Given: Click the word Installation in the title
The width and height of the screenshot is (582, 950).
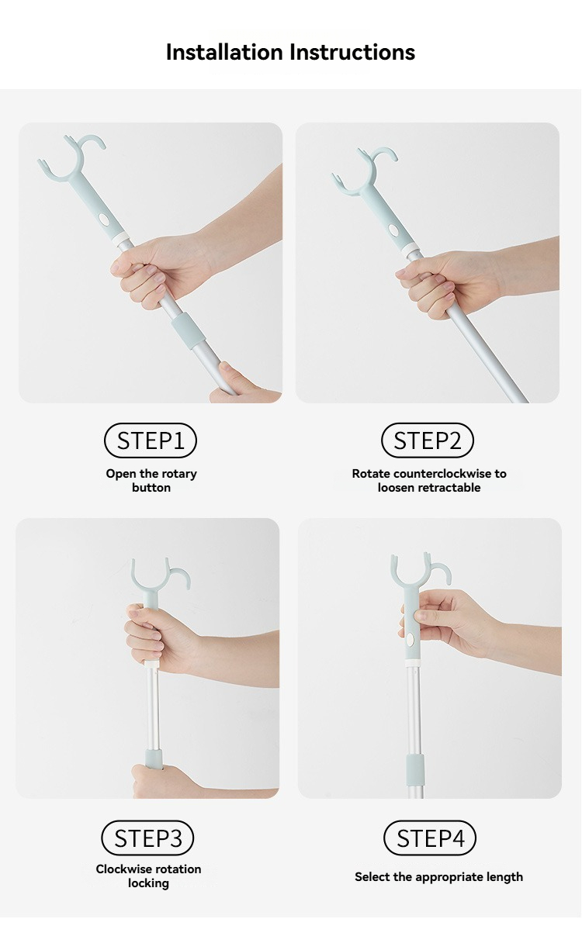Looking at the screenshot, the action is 224,52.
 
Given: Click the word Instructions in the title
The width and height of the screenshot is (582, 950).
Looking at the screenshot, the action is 352,52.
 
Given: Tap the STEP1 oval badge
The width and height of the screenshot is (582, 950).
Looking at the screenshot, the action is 151,440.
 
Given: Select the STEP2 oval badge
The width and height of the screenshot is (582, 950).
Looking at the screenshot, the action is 428,440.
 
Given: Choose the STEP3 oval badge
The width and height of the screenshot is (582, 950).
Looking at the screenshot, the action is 147,838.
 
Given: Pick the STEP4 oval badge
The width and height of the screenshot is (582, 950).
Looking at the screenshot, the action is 430,838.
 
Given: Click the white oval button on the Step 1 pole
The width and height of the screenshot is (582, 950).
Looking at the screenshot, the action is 104,219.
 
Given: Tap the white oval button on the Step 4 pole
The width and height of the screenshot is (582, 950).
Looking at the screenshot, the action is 410,640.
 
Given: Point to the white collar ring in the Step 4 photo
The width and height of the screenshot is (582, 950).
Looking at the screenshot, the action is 413,663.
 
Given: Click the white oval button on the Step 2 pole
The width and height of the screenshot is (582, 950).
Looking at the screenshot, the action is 394,231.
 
